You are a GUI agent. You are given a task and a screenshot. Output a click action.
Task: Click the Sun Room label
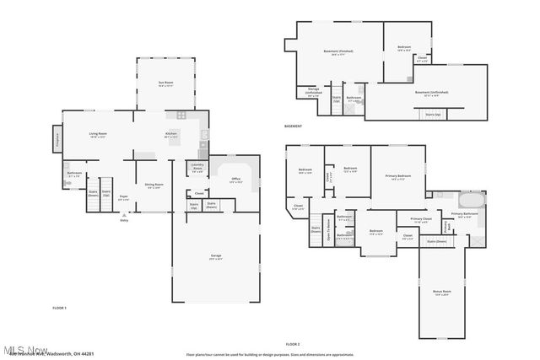pos(165,83)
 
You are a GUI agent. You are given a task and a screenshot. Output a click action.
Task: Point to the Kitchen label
pos(171,133)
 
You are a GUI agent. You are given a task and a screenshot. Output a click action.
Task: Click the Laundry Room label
pos(197,166)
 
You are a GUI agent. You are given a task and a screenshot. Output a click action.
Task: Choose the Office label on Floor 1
pos(236,179)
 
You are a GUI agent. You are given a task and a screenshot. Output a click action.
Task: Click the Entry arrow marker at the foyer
pos(124,215)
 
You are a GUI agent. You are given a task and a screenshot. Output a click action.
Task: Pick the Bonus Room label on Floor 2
pos(441,293)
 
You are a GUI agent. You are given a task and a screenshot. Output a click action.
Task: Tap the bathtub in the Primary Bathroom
pos(471,201)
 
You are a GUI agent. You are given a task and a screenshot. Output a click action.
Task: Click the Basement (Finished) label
pos(338,51)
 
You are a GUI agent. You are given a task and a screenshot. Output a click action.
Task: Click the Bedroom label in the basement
pos(404,47)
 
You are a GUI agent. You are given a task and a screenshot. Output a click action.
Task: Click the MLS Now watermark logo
pos(25,349)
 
